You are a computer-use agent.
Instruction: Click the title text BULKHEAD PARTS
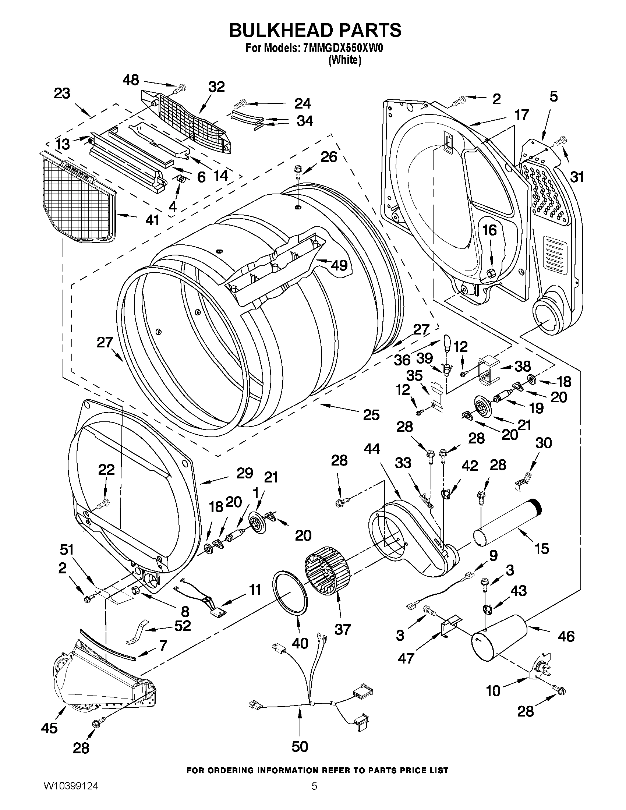(315, 31)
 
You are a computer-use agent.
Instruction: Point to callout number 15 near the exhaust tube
(542, 548)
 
